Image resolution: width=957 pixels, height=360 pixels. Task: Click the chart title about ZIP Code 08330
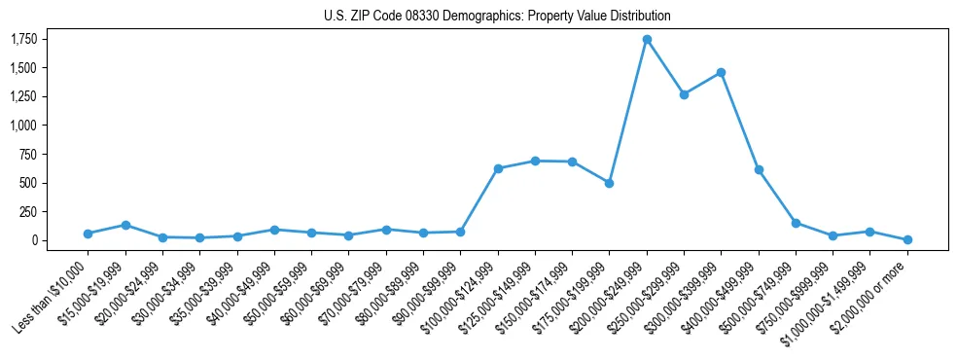(x=497, y=17)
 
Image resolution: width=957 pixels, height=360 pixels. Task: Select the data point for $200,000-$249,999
(x=647, y=40)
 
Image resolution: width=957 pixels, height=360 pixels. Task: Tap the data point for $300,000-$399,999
(x=721, y=72)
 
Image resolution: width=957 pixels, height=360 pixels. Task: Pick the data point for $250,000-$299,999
(x=684, y=94)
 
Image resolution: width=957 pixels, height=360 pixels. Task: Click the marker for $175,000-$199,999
(x=609, y=183)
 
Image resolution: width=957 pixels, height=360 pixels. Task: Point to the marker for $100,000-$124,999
(x=498, y=168)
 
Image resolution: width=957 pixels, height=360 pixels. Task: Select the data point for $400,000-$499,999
(x=759, y=169)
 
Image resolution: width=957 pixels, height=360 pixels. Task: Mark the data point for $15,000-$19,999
(x=125, y=225)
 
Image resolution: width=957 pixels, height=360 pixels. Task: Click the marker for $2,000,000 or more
(x=907, y=239)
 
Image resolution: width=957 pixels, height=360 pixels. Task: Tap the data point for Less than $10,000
(x=88, y=234)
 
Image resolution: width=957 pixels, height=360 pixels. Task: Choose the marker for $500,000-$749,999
(x=796, y=223)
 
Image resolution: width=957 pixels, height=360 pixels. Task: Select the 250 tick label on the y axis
(x=26, y=212)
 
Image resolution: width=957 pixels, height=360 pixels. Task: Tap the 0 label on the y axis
(x=32, y=240)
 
